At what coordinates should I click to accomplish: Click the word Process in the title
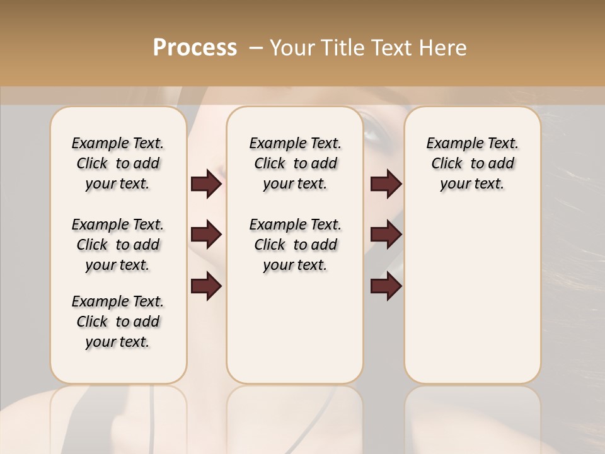pyautogui.click(x=195, y=48)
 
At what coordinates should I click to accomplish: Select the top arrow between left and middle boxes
pyautogui.click(x=206, y=184)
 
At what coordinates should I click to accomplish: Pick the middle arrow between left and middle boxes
pyautogui.click(x=206, y=235)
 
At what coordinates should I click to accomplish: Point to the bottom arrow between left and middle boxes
pyautogui.click(x=206, y=287)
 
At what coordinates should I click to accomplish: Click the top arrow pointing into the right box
pyautogui.click(x=386, y=184)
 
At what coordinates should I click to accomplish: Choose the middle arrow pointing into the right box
pyautogui.click(x=386, y=235)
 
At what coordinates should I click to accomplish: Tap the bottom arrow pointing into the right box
pyautogui.click(x=386, y=287)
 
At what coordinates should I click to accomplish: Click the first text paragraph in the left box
pyautogui.click(x=118, y=163)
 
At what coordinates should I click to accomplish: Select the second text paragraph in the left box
pyautogui.click(x=118, y=245)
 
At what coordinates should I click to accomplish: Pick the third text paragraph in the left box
pyautogui.click(x=118, y=322)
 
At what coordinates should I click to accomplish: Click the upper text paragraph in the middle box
pyautogui.click(x=295, y=163)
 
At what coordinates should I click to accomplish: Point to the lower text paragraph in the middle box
pyautogui.click(x=295, y=245)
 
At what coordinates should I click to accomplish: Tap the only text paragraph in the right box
pyautogui.click(x=472, y=163)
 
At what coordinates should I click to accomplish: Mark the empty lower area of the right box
pyautogui.click(x=472, y=296)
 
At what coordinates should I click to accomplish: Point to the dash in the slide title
pyautogui.click(x=256, y=48)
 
